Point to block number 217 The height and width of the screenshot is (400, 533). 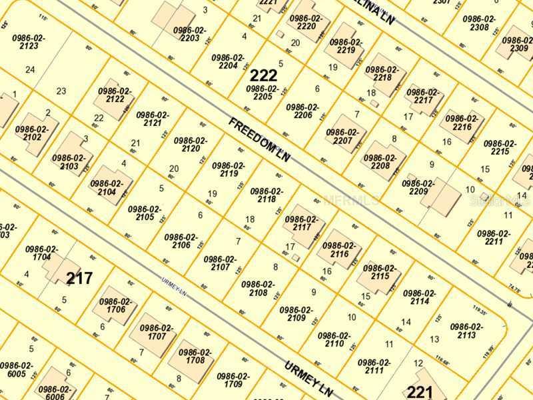(x=79, y=277)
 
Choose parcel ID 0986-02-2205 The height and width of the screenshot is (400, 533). (x=263, y=93)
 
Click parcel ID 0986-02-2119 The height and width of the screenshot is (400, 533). (x=229, y=169)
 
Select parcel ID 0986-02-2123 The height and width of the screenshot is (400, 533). (x=29, y=43)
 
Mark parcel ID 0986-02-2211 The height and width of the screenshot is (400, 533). (x=494, y=238)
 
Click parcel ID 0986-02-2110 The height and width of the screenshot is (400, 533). (x=334, y=340)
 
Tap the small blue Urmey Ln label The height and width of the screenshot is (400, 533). (x=177, y=287)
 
